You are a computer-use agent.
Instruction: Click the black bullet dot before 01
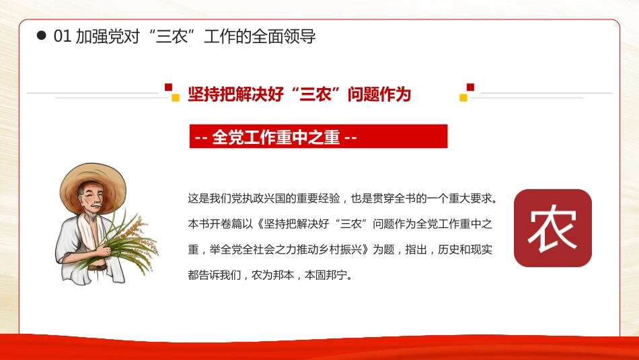click(41, 36)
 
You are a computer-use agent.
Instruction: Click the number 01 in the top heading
click(63, 36)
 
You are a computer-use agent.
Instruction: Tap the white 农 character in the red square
click(552, 228)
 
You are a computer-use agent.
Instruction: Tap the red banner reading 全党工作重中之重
click(318, 137)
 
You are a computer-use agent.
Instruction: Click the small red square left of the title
click(168, 87)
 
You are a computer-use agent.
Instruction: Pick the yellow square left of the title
click(176, 98)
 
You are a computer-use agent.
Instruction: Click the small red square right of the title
click(470, 87)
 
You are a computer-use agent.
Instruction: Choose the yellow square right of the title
click(463, 98)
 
